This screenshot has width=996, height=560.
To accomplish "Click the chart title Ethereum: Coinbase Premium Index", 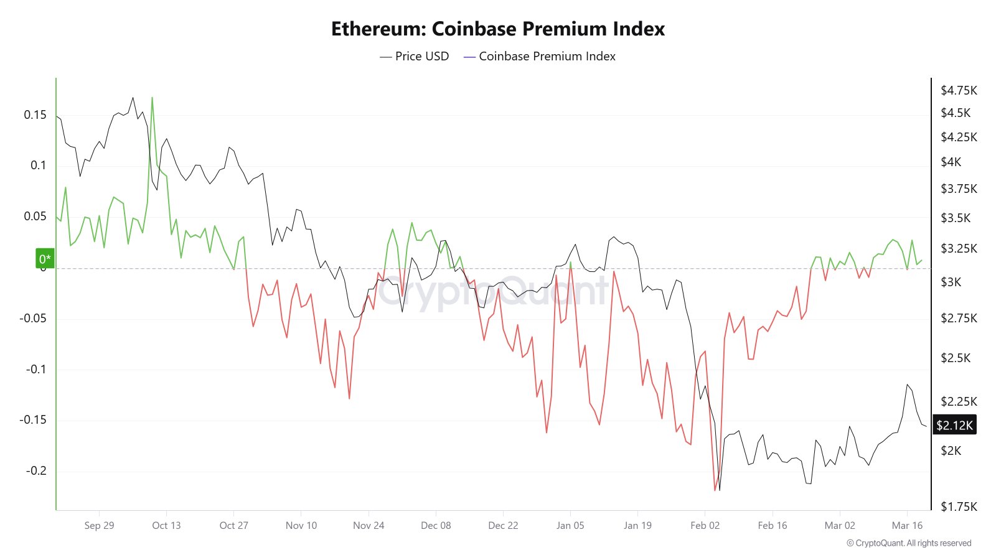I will click(497, 29).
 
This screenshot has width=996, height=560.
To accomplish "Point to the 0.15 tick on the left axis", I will click(35, 114).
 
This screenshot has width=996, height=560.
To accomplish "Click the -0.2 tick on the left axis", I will click(36, 470).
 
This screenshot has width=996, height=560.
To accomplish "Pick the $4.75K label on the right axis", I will click(959, 90).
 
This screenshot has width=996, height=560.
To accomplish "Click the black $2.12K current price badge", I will click(954, 425).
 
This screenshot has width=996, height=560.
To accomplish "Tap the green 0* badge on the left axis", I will click(45, 259).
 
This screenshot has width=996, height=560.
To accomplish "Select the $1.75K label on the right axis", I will click(959, 506).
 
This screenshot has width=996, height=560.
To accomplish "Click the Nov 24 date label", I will click(369, 525).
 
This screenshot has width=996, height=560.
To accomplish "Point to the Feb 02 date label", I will click(705, 525).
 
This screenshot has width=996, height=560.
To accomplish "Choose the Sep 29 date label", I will click(99, 525).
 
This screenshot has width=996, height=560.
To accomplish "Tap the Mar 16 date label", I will click(907, 525).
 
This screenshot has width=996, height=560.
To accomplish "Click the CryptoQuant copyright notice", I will click(909, 543).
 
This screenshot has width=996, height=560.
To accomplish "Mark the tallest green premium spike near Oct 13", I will click(152, 98).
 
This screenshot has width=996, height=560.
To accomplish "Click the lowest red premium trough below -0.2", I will click(715, 490).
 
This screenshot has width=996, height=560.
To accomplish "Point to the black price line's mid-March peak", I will click(908, 385).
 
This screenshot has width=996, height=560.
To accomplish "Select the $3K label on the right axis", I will click(951, 282).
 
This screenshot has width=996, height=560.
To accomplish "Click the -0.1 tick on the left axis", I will click(36, 369).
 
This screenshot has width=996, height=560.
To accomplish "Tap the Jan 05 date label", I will click(570, 525).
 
